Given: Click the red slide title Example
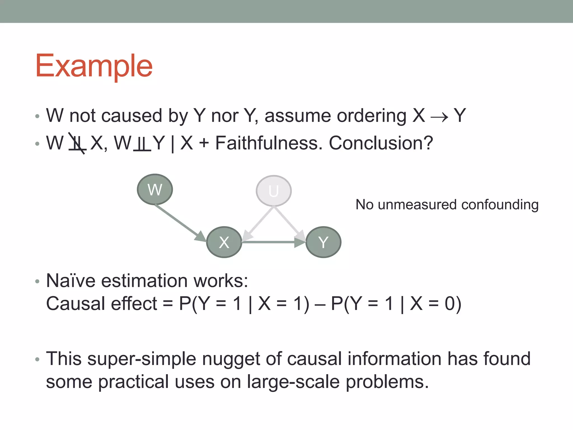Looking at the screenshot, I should [94, 66].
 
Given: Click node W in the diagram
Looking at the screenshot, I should [155, 190].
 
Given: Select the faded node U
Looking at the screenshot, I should [274, 191].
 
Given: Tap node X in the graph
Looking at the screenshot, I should [224, 242].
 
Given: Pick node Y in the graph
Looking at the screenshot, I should [323, 242].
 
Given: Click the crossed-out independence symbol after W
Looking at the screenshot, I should [77, 144].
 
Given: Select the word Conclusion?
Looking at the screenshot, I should [381, 143].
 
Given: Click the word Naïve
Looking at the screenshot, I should [71, 281].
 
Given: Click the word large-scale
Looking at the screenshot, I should [293, 382].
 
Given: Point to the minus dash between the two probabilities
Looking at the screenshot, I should [320, 304].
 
